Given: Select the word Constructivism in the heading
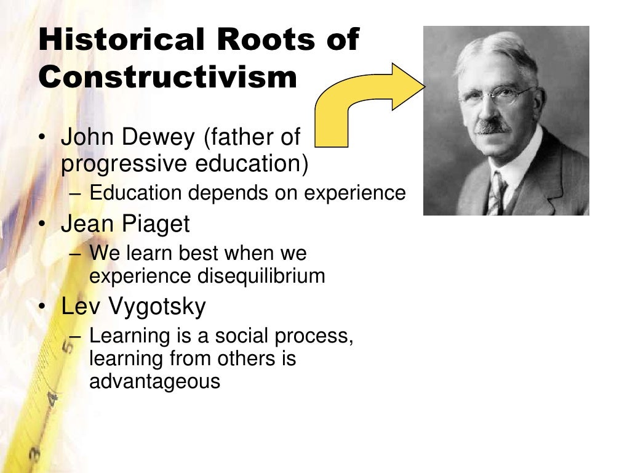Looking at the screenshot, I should click(167, 78).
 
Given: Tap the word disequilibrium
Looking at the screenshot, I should click(261, 276).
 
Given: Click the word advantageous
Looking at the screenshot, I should click(154, 381).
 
